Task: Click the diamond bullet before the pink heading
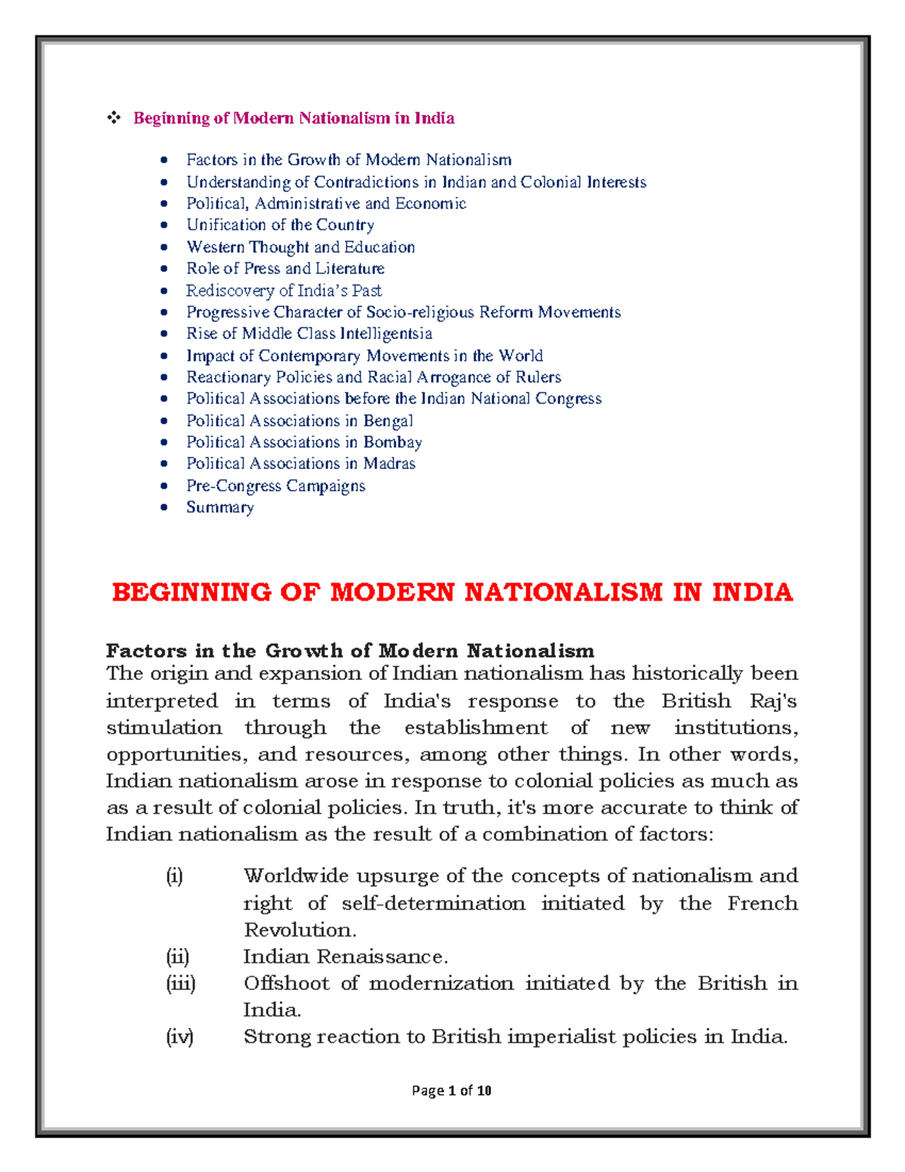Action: point(114,118)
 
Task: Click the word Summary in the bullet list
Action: point(219,507)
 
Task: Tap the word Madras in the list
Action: point(389,463)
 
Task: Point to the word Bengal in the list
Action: point(388,421)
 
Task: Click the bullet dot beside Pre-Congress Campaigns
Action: point(164,486)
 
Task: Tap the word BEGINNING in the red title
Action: point(191,592)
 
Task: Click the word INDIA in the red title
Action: point(752,592)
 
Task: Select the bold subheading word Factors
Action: point(145,651)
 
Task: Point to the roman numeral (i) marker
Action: point(174,876)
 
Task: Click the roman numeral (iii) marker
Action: point(180,983)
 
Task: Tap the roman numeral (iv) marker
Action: point(179,1037)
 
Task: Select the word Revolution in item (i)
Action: point(299,930)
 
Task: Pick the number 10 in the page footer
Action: point(484,1090)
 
